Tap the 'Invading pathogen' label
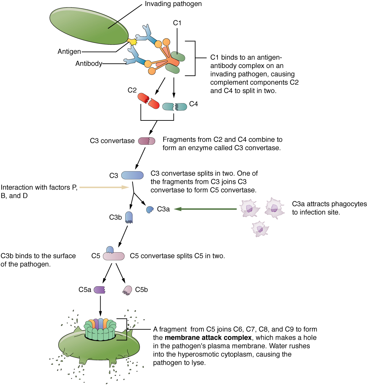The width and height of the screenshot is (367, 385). point(173,4)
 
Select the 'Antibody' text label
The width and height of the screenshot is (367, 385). point(89,63)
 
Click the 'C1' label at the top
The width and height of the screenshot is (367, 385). point(177,23)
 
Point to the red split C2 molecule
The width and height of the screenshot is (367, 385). point(149,101)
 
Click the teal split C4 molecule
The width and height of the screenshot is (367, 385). point(175,106)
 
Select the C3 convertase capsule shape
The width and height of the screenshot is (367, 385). point(147,141)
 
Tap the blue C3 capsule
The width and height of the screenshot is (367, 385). point(132,175)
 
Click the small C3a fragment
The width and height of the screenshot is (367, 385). point(150,210)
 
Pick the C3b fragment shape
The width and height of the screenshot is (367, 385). point(129,217)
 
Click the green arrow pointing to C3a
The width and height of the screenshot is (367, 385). point(205,209)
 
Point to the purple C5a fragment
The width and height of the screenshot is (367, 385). point(100,290)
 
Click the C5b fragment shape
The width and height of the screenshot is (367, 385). point(127,290)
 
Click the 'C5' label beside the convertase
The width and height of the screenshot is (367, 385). point(96,256)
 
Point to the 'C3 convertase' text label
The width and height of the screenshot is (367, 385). point(112,141)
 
